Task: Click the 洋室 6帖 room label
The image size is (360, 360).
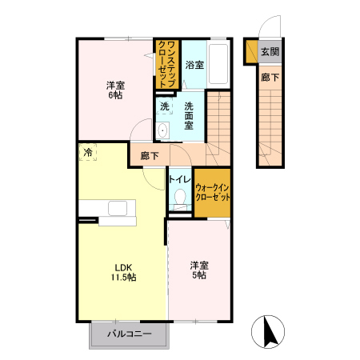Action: (115, 90)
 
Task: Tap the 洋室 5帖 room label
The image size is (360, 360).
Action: (199, 270)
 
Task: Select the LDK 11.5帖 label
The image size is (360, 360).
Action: (124, 272)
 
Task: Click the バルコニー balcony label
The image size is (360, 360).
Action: (130, 334)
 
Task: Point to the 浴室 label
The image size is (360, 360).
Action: (194, 65)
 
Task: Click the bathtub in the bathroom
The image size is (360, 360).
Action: (218, 64)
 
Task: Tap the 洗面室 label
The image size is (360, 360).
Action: (189, 116)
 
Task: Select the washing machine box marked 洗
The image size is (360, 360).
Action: (164, 106)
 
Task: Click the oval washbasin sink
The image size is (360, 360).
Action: (162, 130)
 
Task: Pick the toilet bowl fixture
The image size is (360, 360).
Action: (180, 198)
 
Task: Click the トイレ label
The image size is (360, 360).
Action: (180, 179)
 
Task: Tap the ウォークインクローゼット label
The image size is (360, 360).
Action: (213, 193)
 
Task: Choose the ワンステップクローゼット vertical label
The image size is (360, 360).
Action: (167, 64)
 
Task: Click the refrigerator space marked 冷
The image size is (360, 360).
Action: (88, 152)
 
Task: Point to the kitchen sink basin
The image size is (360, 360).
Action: (118, 208)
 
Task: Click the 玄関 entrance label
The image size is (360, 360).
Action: (270, 52)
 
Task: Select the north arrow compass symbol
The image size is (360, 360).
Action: (268, 331)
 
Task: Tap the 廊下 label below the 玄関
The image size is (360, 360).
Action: (270, 78)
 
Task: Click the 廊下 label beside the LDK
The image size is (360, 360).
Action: (150, 156)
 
